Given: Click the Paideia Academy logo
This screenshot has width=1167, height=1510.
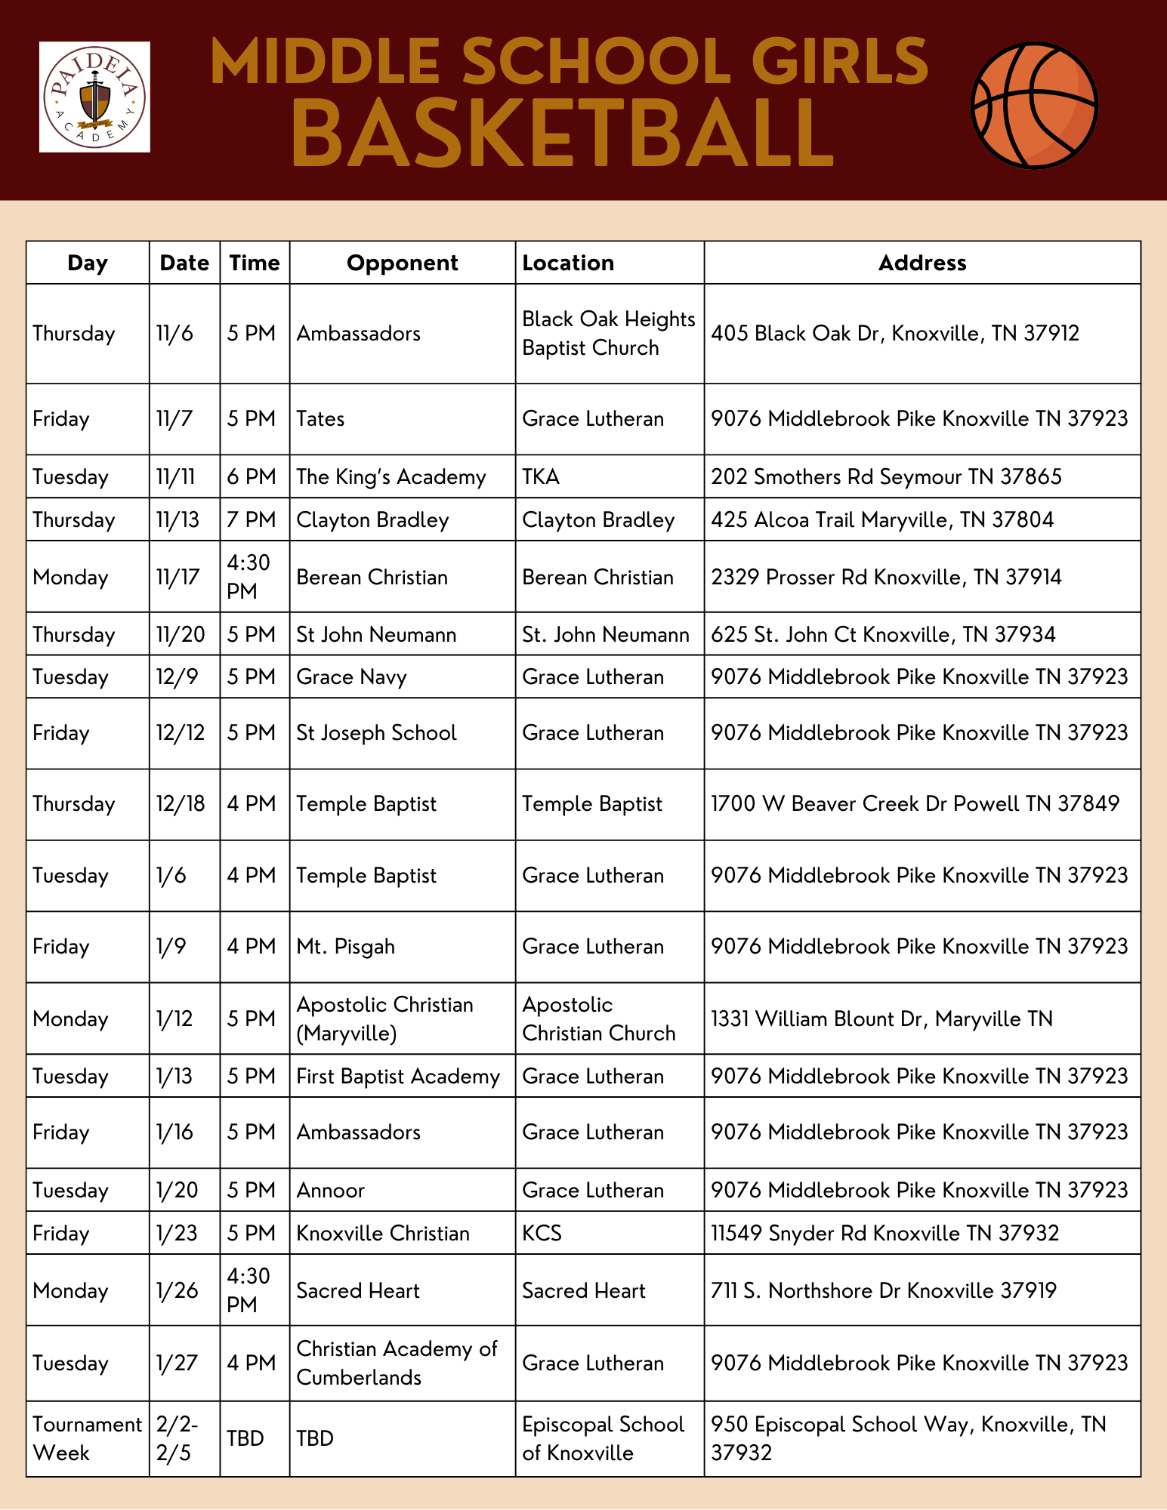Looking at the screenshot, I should click(x=94, y=97).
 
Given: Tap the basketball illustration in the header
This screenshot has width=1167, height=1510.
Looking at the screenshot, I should click(x=1033, y=105).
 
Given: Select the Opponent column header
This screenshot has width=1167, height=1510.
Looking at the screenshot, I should click(x=402, y=263).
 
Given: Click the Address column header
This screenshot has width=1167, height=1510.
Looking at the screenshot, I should click(x=922, y=263).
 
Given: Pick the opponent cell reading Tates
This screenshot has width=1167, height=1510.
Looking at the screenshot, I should click(x=320, y=419).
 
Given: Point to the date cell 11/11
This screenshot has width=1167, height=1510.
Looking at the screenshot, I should click(x=175, y=477).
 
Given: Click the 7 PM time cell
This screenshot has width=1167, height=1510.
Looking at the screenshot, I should click(x=251, y=520).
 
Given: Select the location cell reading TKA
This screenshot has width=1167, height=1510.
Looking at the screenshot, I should click(x=541, y=477).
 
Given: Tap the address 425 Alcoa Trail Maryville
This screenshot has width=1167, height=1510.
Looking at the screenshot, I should click(x=881, y=520).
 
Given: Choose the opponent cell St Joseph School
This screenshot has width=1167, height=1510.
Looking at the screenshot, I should click(x=376, y=733).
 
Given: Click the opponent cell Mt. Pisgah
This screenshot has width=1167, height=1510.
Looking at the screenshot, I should click(x=345, y=947).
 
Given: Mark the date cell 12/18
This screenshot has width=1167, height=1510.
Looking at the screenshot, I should click(x=181, y=804).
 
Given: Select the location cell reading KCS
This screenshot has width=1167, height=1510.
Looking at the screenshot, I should click(x=542, y=1234).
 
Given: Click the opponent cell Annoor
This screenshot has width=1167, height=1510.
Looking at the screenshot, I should click(x=330, y=1191).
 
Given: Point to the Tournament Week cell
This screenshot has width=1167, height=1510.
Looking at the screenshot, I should click(x=87, y=1438).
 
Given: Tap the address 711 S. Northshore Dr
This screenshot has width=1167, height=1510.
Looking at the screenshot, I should click(x=883, y=1291).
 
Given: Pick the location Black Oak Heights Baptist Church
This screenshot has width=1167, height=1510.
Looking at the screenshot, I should click(x=608, y=334).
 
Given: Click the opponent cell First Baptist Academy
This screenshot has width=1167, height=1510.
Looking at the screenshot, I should click(x=398, y=1077).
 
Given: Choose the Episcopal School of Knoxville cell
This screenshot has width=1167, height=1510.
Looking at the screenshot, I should click(x=603, y=1438).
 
